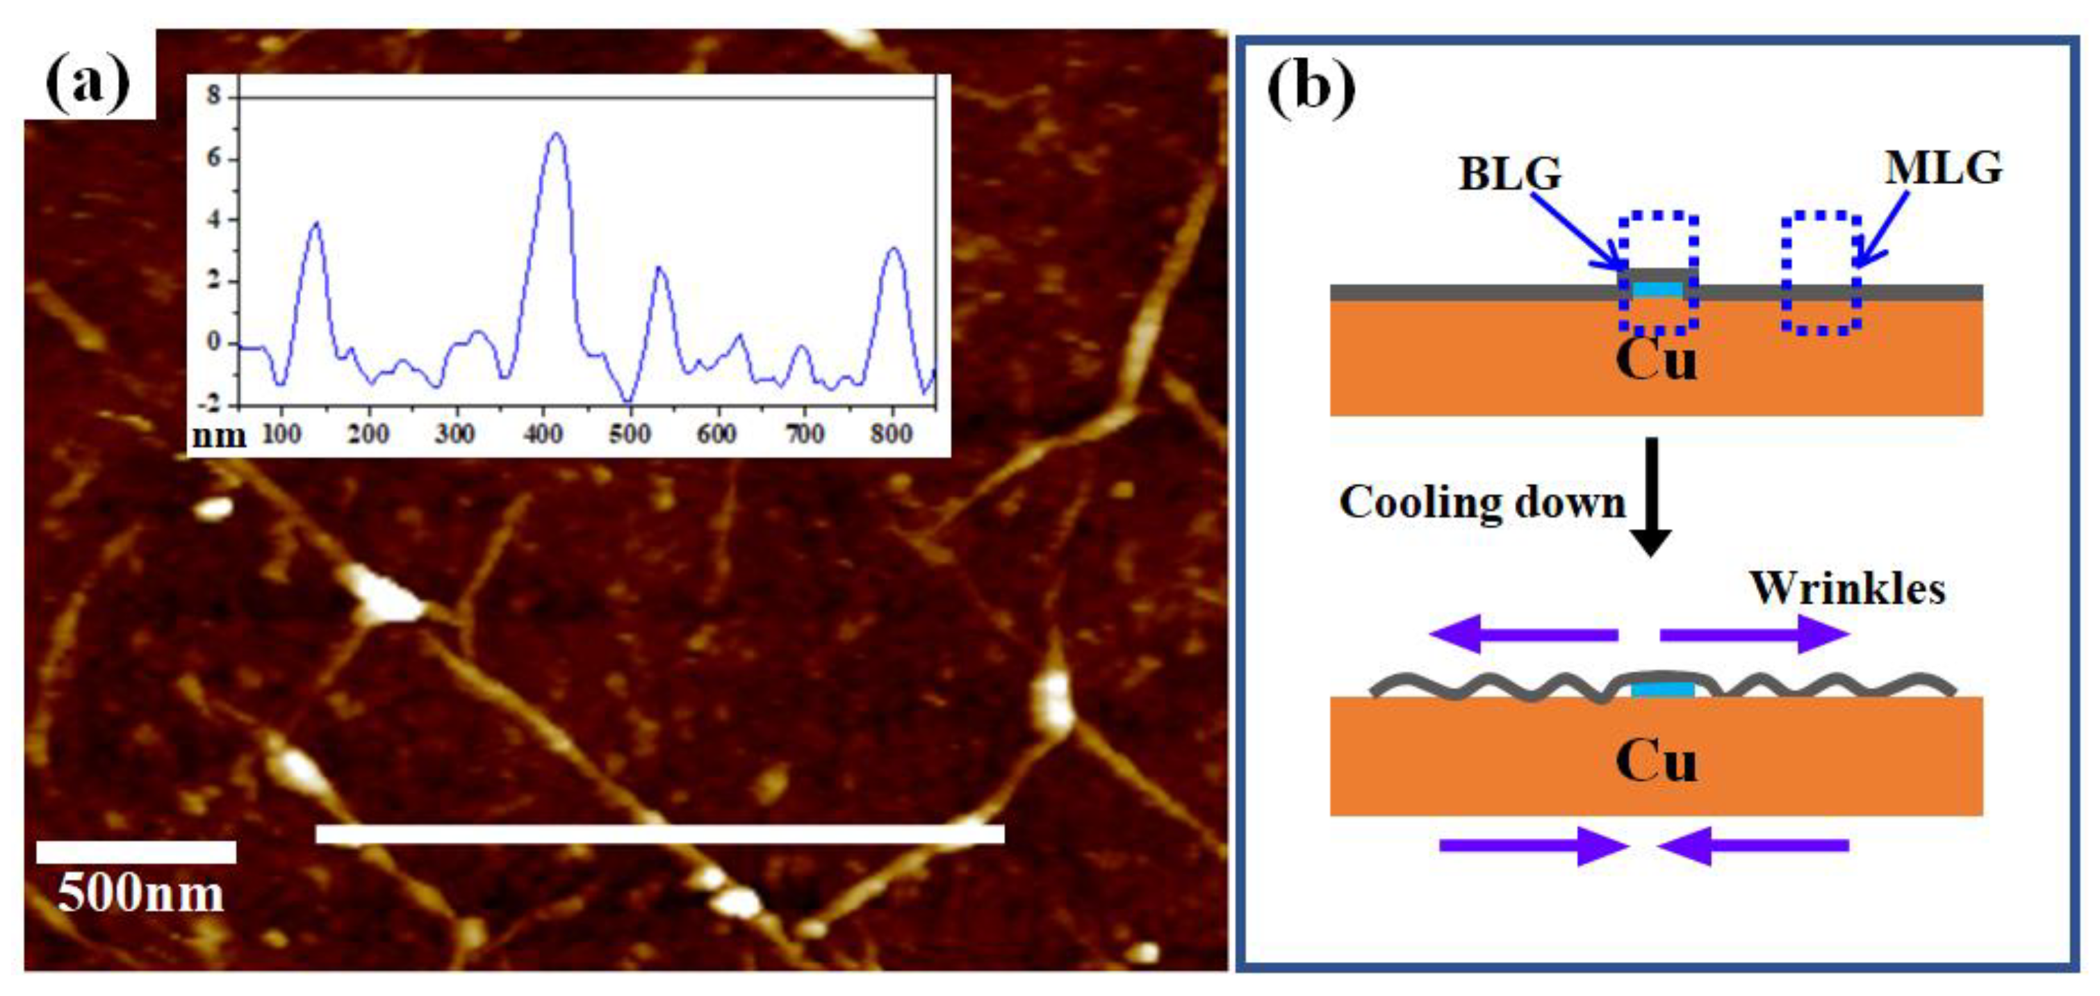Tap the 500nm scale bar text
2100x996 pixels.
point(140,894)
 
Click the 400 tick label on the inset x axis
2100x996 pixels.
point(543,434)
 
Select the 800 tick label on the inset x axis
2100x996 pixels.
point(891,434)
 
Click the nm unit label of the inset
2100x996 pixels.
point(218,436)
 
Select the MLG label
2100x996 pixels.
point(1944,169)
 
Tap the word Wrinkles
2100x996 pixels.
point(1847,589)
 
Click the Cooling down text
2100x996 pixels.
point(1482,502)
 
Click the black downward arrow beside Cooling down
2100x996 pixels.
point(1651,497)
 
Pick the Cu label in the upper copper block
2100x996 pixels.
point(1656,359)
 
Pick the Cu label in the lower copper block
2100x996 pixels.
point(1656,761)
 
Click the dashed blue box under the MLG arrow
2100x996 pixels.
point(1821,273)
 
